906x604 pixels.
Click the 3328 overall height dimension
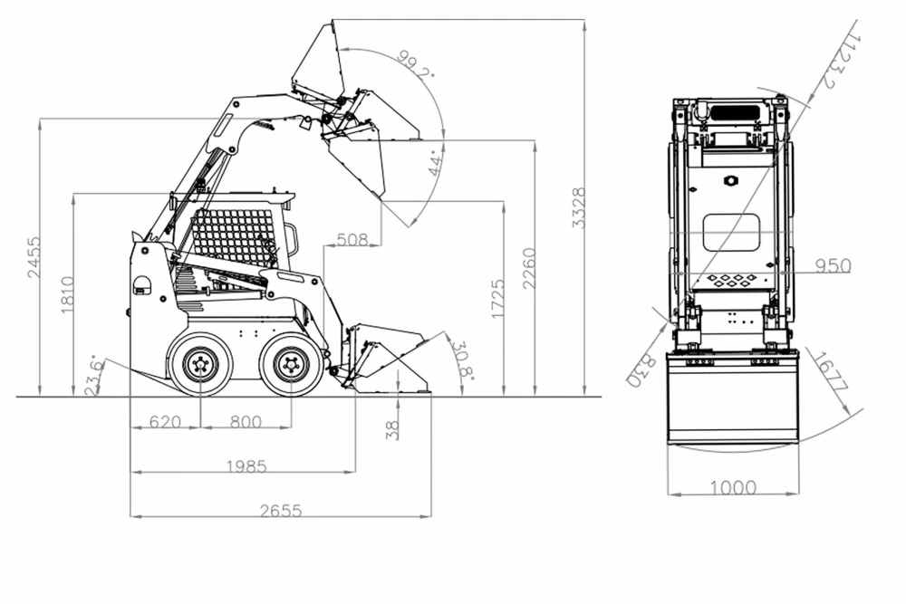579,207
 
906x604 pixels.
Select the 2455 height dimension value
34,257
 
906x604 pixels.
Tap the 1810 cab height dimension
68,295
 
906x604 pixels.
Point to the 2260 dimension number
529,268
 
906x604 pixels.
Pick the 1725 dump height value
497,299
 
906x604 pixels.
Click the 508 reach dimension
352,239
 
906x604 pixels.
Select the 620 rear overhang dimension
165,422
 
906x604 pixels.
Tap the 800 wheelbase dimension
246,422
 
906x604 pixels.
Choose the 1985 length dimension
246,466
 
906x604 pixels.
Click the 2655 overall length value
281,511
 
